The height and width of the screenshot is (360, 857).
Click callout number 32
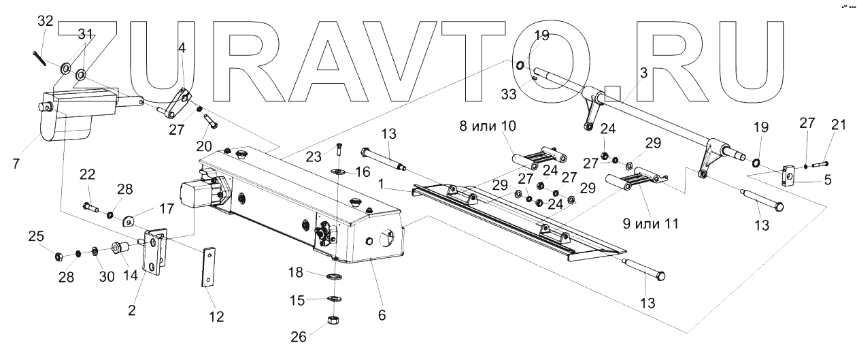coord(45,21)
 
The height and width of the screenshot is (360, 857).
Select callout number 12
coord(216,317)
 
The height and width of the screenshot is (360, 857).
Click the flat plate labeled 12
coord(209,269)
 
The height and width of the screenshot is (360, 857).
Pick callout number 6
coord(382,315)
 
